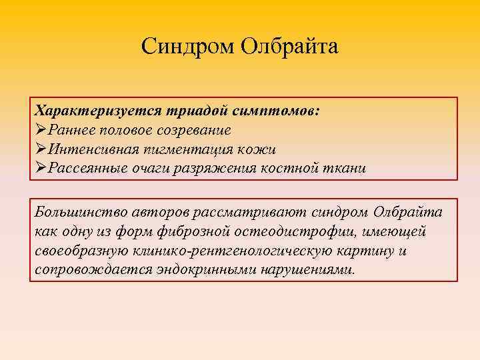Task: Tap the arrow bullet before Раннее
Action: point(41,129)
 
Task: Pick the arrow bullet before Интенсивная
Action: point(41,149)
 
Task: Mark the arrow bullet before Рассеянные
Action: point(41,168)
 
